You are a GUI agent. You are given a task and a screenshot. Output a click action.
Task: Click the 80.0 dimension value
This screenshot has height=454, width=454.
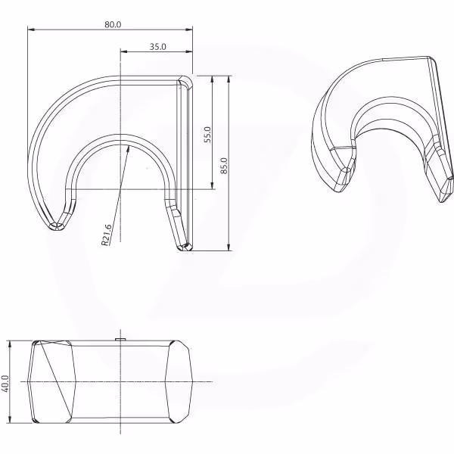[x=113, y=25]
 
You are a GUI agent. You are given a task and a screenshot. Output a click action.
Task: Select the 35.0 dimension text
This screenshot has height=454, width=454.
[x=158, y=47]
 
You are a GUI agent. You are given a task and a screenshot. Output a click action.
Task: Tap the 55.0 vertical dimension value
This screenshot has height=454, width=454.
[x=208, y=135]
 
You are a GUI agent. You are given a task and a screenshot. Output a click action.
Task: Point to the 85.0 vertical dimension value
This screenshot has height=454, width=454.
[x=224, y=166]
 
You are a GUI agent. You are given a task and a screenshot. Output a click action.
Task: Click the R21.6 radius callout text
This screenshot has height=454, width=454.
[x=106, y=235]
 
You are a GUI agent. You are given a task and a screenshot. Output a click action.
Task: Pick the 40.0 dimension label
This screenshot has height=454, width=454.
[x=5, y=384]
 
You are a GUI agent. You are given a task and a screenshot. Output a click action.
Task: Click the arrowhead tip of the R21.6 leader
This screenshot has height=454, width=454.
[x=129, y=145]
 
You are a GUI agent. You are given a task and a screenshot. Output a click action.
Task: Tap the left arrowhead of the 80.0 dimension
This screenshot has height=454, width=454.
[x=29, y=30]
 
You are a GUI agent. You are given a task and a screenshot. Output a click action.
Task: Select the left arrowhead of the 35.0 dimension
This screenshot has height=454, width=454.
[x=121, y=51]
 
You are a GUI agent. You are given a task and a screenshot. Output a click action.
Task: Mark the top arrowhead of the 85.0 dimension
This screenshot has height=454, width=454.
[x=229, y=76]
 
